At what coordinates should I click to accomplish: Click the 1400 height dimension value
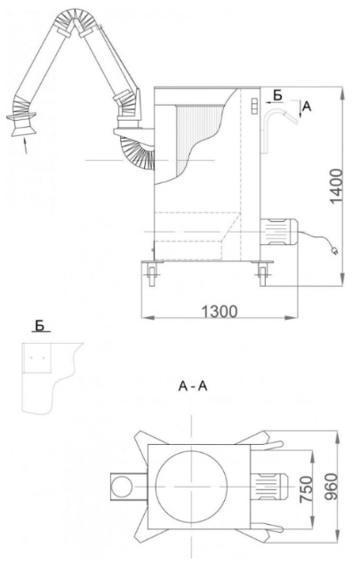coord(336,186)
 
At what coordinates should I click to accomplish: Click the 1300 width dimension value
coord(220,311)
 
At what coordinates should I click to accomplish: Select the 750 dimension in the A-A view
coord(307,489)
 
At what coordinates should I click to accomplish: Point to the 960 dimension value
coord(332,487)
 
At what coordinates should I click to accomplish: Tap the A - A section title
coord(193,386)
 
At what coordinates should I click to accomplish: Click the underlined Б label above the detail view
coord(40,325)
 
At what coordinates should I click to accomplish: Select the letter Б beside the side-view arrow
coord(277,95)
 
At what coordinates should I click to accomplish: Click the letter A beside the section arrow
coord(307,106)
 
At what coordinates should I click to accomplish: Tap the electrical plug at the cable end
coord(334,250)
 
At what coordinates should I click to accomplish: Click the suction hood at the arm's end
coord(21,124)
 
